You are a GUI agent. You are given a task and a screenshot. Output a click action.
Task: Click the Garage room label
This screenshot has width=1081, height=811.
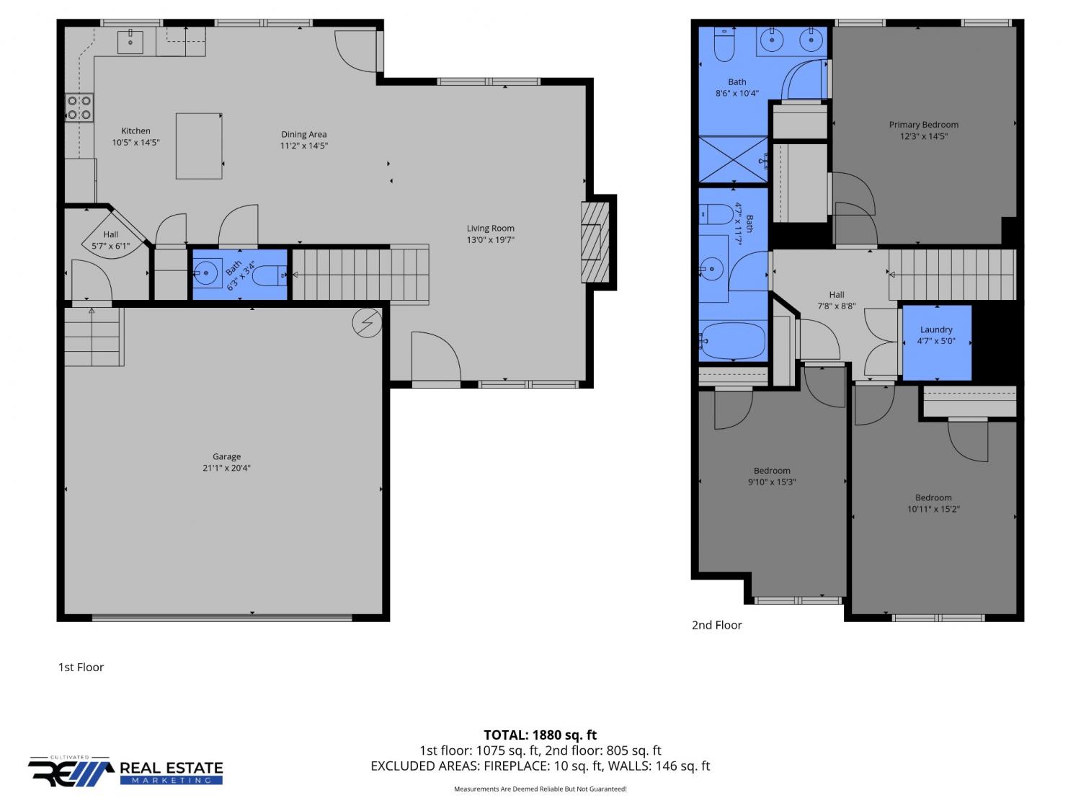[226, 456]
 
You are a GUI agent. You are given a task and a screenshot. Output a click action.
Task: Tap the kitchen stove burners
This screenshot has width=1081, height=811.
[79, 108]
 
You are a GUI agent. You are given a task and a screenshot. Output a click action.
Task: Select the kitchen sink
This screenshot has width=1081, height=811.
[130, 43]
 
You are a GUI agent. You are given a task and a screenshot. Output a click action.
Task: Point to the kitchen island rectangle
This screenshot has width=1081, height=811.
[199, 146]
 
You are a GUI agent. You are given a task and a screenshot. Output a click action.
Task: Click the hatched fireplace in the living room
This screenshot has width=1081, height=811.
[595, 242]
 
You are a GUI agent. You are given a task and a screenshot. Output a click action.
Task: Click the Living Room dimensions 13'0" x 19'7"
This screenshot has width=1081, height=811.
[491, 240]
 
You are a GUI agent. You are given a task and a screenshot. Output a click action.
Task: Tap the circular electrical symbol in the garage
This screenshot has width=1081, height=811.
[367, 323]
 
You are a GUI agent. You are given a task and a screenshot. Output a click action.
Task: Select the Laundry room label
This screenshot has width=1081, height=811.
[936, 329]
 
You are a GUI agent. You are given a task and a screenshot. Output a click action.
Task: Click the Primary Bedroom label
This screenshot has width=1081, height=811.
[923, 125]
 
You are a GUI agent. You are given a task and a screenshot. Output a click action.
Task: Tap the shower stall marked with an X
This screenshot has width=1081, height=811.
[733, 159]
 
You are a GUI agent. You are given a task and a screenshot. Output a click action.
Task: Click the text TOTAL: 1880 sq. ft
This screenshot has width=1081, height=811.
[540, 735]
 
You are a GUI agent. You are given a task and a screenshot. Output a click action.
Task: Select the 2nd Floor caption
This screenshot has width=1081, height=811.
[716, 625]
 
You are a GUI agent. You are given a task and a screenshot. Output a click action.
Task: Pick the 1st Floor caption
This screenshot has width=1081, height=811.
[81, 668]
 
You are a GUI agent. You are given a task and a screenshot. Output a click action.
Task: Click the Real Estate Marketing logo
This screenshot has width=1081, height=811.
[125, 771]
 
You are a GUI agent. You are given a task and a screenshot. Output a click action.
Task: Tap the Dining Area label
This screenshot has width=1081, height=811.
[304, 134]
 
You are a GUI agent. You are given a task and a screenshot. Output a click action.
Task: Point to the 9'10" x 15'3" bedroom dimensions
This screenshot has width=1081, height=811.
[772, 482]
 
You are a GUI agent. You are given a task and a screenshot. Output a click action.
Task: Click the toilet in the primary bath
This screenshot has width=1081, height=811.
[724, 45]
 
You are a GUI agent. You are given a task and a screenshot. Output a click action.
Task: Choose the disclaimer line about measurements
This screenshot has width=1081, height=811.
[540, 789]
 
